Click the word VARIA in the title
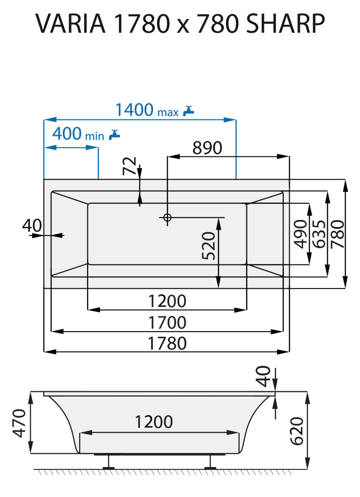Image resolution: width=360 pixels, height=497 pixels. click(71, 23)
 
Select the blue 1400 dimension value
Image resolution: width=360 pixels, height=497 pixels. click(135, 110)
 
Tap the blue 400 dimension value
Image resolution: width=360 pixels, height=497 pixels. click(67, 134)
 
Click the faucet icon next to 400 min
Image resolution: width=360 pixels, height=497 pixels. click(114, 135)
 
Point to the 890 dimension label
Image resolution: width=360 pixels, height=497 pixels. click(207, 148)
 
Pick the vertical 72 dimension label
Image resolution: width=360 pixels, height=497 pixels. click(129, 166)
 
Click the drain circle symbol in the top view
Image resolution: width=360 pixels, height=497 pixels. click(167, 217)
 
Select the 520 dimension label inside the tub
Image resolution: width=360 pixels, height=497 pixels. click(209, 245)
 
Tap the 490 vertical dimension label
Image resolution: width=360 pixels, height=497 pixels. click(299, 234)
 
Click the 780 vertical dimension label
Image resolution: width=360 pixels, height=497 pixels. click(337, 234)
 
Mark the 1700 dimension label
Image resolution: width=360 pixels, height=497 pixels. click(167, 323)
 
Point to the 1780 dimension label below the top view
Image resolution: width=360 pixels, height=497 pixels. click(167, 343)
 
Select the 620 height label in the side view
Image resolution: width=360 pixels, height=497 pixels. click(297, 431)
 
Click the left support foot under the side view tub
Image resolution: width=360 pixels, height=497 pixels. click(109, 462)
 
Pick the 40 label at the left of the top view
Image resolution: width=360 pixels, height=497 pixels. click(32, 226)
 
